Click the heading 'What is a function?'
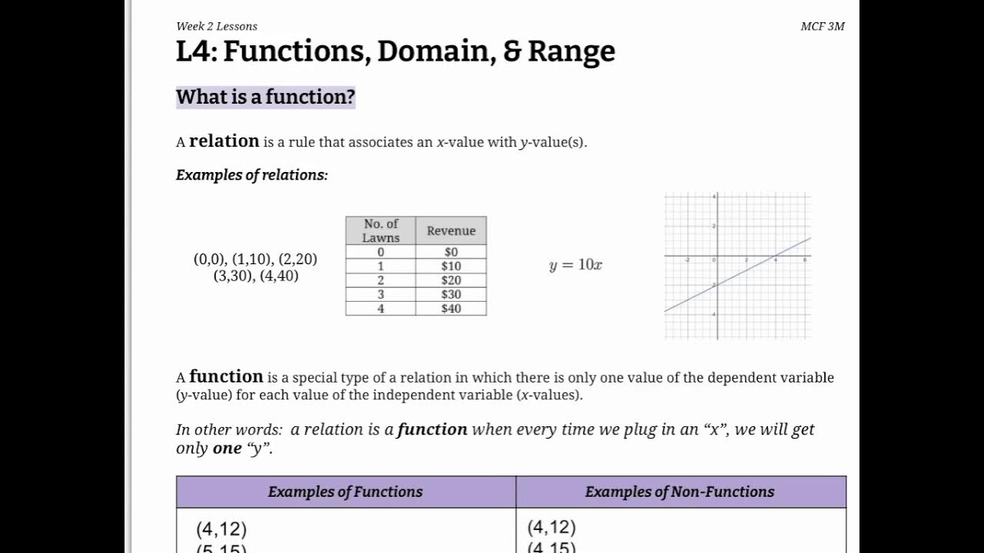pyautogui.click(x=265, y=97)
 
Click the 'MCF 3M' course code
pyautogui.click(x=822, y=26)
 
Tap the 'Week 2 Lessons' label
pyautogui.click(x=216, y=26)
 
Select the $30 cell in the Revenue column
pyautogui.click(x=451, y=294)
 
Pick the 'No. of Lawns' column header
pyautogui.click(x=381, y=230)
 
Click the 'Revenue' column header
pyautogui.click(x=451, y=230)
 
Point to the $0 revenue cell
pyautogui.click(x=451, y=252)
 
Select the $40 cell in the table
pyautogui.click(x=451, y=309)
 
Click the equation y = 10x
pyautogui.click(x=575, y=265)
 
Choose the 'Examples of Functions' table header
pyautogui.click(x=345, y=492)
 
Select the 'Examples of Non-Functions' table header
pyautogui.click(x=680, y=492)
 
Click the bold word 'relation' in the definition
pyautogui.click(x=224, y=141)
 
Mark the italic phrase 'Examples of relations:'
pyautogui.click(x=251, y=175)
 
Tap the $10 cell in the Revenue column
pyautogui.click(x=451, y=266)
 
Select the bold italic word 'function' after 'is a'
pyautogui.click(x=432, y=429)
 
